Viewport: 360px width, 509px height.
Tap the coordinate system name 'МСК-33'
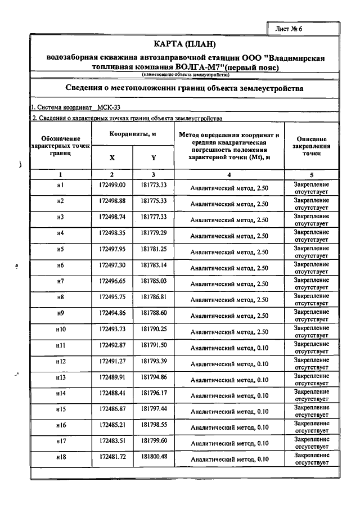109,107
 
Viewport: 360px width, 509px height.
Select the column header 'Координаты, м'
133,134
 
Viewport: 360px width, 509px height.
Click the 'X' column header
112,158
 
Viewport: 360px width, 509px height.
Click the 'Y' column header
153,158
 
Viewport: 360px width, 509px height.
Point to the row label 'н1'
60,185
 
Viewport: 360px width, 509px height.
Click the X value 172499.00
112,185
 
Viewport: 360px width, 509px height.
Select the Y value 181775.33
154,201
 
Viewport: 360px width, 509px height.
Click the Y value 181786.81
154,296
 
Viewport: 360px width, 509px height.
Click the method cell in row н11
228,348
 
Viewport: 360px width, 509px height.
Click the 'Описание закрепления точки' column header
311,146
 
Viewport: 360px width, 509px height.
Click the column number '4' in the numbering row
228,174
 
